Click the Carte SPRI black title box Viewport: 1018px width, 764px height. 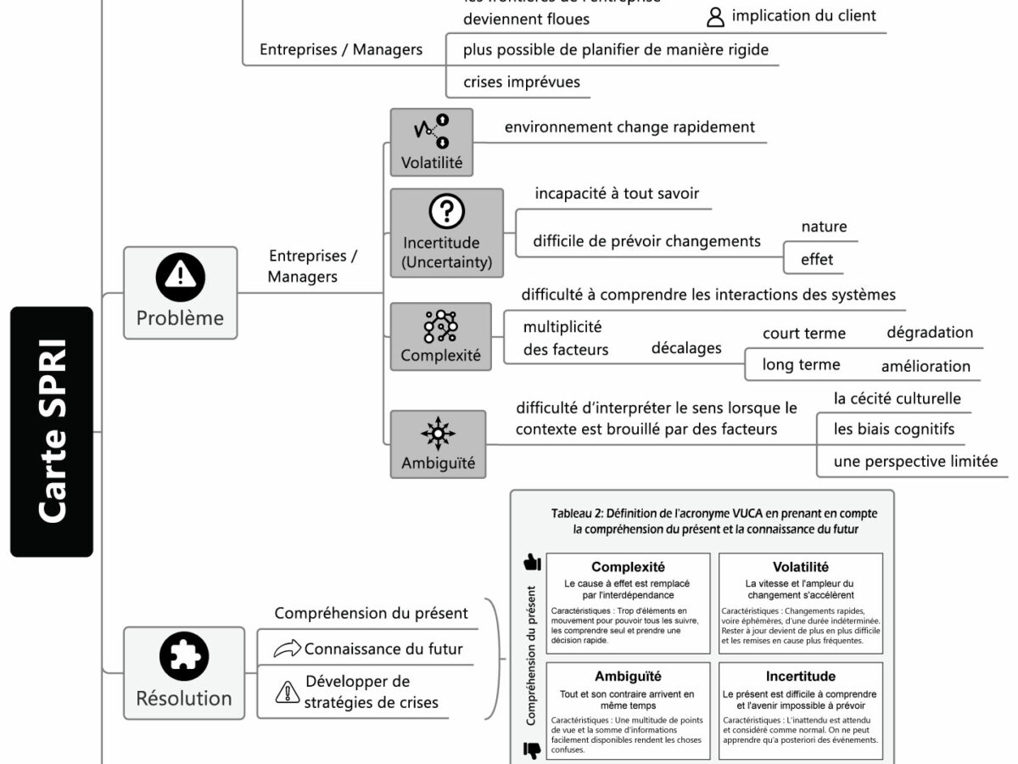tap(52, 432)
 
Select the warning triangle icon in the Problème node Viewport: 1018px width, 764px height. tap(180, 276)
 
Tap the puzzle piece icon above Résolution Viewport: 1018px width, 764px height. tap(184, 657)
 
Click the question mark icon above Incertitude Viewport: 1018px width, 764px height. tap(446, 211)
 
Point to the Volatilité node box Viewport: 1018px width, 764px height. tap(431, 142)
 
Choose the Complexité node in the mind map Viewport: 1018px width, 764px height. tap(440, 337)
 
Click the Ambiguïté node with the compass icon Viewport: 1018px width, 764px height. tap(438, 444)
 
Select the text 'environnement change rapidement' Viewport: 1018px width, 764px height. tap(629, 127)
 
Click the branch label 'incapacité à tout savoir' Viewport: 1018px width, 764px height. tap(617, 194)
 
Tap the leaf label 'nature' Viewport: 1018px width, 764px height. tap(824, 227)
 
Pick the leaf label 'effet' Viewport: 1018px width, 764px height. tap(817, 260)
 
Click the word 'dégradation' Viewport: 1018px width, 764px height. tap(930, 333)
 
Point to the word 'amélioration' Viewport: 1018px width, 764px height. tap(926, 366)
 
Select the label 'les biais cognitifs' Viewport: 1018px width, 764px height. tap(894, 430)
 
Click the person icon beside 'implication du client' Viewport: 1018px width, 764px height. tap(716, 17)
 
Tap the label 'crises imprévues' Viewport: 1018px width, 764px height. tap(521, 82)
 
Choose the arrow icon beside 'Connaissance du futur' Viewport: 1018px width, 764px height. tap(287, 649)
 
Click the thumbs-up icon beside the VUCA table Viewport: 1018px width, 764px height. tap(532, 561)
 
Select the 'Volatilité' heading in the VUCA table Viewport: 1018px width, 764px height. tap(800, 567)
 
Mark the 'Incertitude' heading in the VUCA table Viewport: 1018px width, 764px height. tap(800, 677)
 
